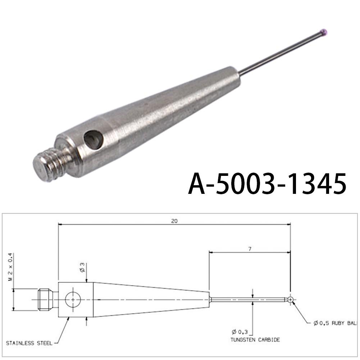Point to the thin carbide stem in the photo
point(281,53)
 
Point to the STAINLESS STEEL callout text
point(29,343)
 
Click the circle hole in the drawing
point(73,300)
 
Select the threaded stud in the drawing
point(45,299)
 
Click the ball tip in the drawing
point(291,299)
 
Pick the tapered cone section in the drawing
point(151,299)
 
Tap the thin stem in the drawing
point(248,299)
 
